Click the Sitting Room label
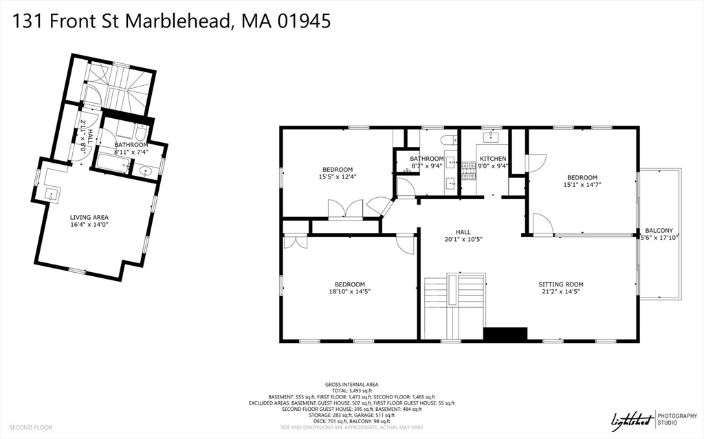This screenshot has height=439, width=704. (560, 284)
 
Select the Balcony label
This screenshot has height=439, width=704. (659, 230)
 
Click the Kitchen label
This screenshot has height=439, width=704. (493, 159)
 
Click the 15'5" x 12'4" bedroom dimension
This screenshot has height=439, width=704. (337, 177)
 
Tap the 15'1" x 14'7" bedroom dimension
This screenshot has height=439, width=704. (582, 184)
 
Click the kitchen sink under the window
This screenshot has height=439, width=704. (492, 137)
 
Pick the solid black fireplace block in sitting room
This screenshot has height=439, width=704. (505, 334)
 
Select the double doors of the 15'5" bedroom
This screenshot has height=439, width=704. (345, 210)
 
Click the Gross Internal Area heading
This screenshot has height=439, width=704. (351, 385)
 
